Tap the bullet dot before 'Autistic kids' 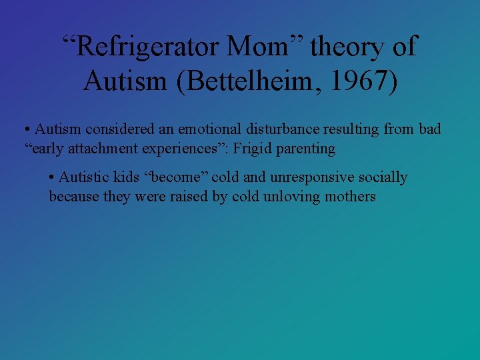(53, 178)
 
